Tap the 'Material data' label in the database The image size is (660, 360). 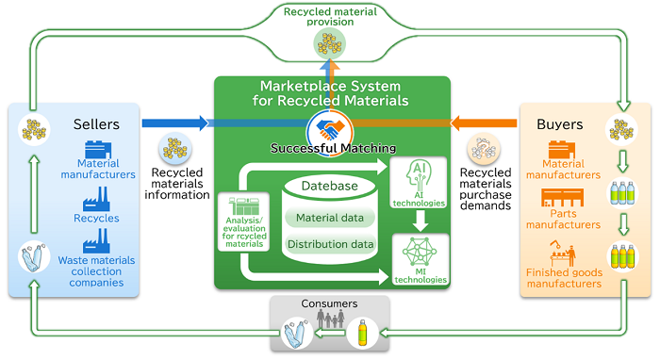[329, 219]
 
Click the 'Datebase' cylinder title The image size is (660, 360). [329, 187]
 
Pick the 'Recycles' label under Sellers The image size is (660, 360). [98, 218]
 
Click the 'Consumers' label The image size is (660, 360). [329, 305]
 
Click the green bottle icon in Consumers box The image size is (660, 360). [363, 332]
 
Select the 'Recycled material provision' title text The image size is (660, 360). [329, 17]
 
